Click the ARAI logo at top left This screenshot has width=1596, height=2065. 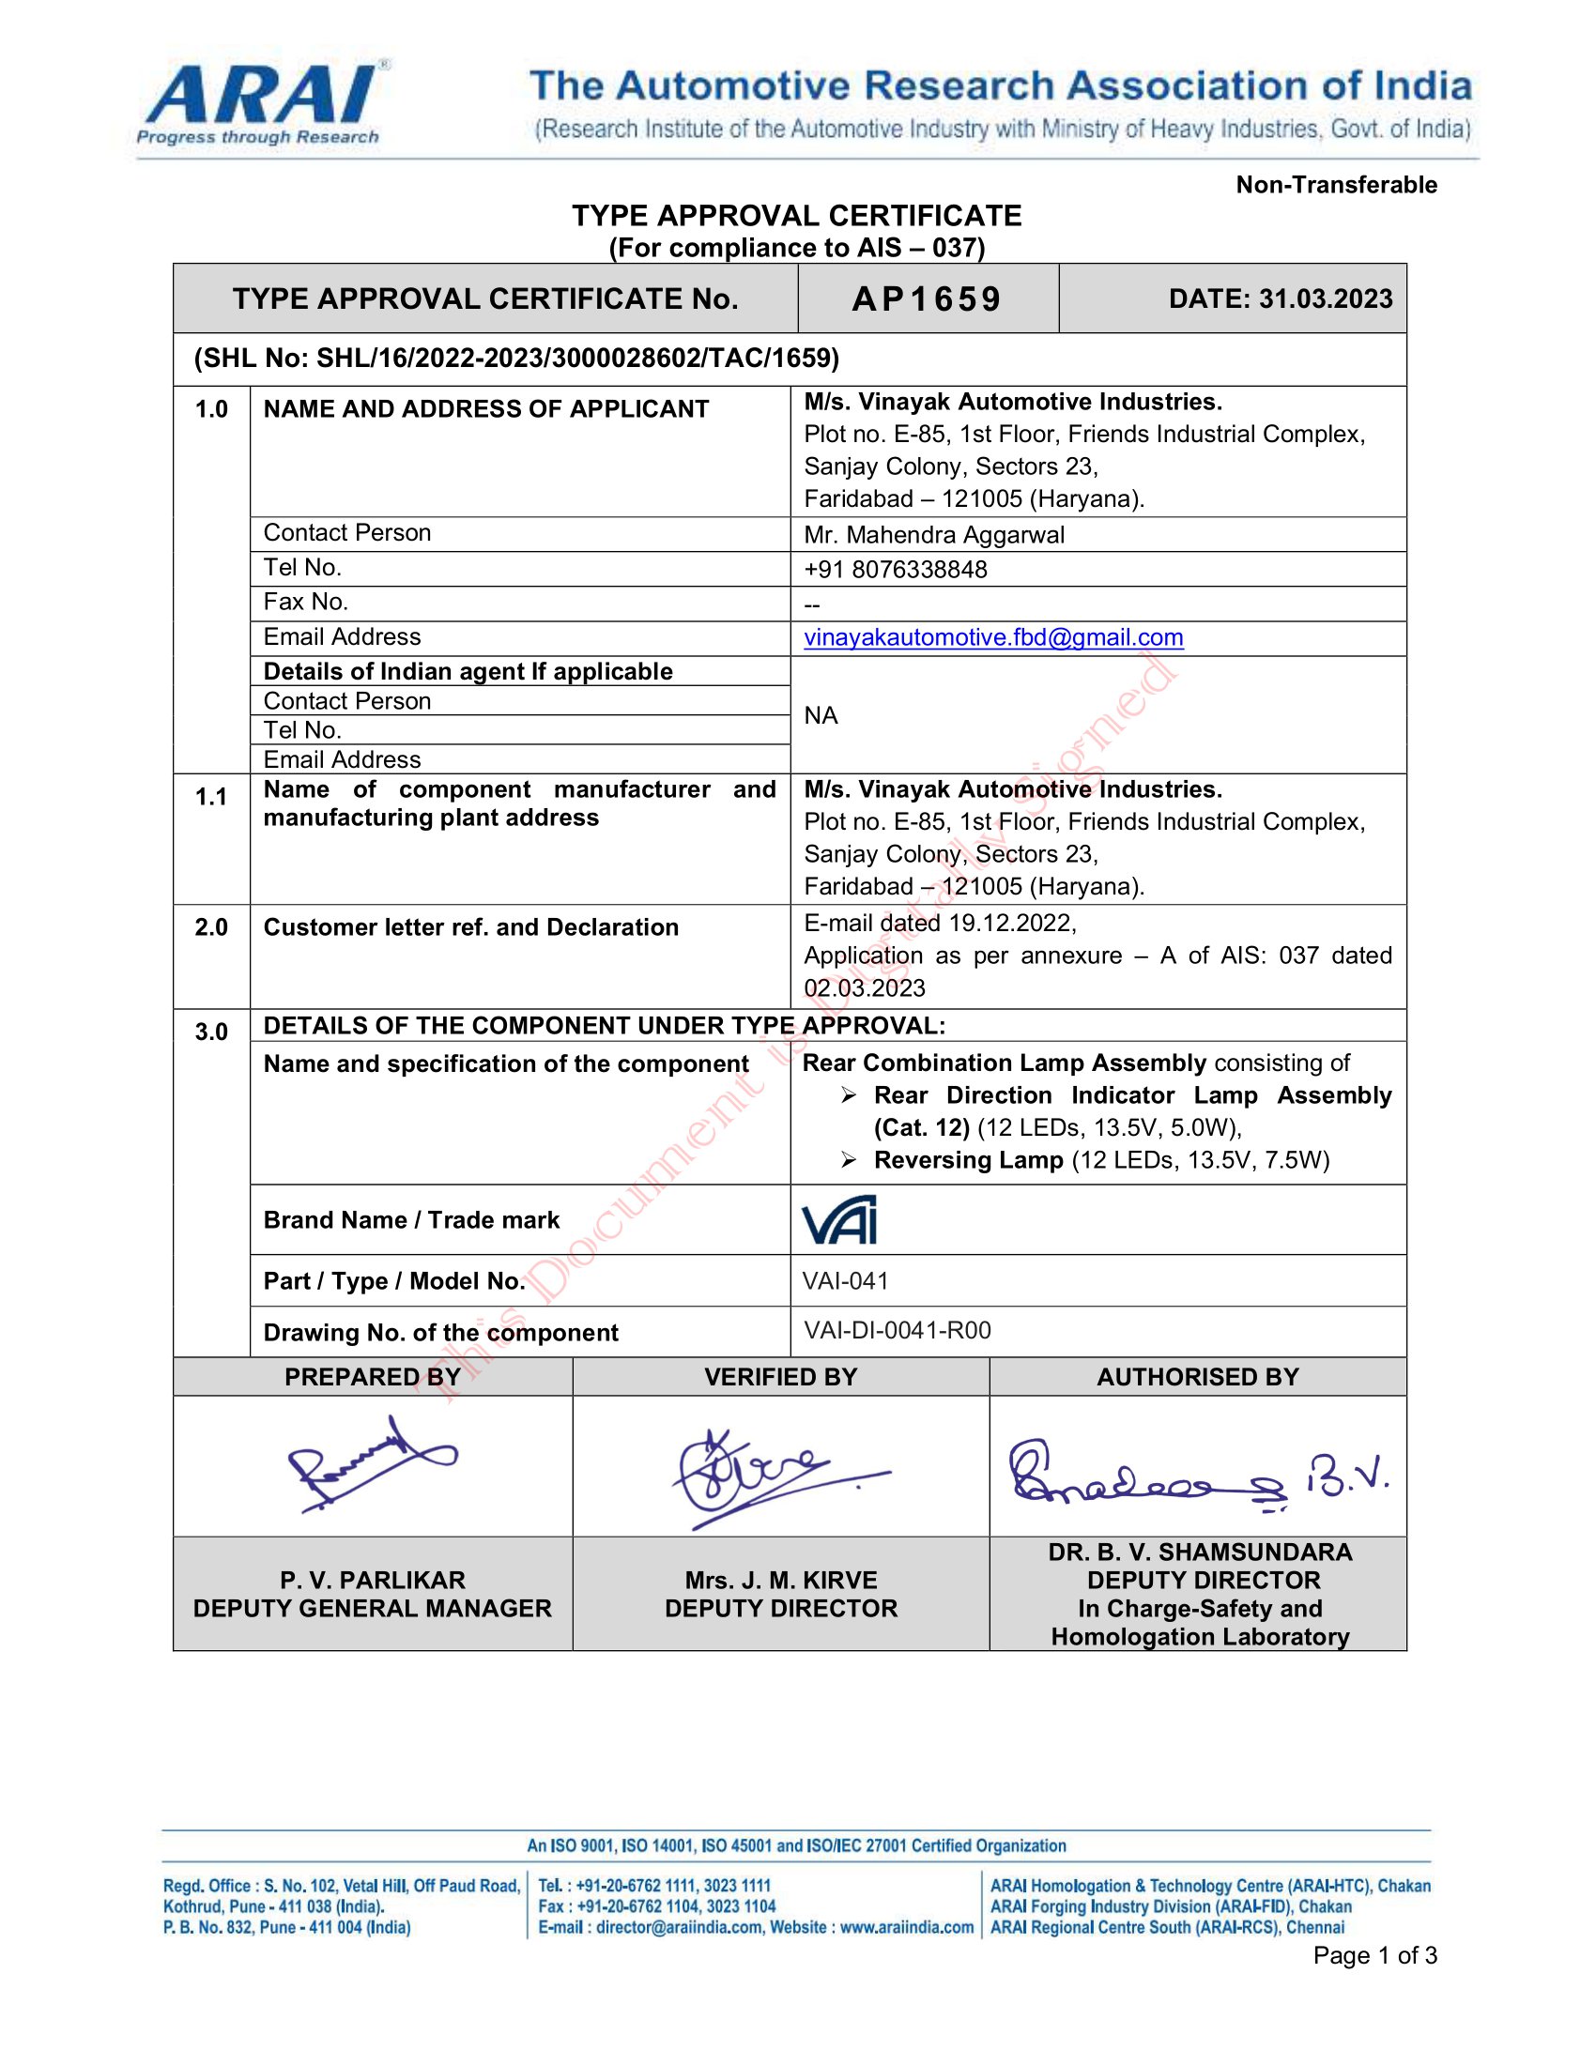[260, 104]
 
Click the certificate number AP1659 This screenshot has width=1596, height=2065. [926, 298]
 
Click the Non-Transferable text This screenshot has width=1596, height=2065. [1335, 184]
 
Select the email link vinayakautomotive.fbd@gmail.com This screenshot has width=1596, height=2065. [992, 637]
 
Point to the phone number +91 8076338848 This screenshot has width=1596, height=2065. [895, 569]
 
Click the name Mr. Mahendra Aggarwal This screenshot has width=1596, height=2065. [933, 535]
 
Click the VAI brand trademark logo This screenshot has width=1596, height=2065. [838, 1219]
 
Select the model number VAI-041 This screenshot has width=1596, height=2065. [845, 1281]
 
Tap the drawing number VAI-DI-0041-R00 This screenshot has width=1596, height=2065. [897, 1330]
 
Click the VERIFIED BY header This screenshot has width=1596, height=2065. [780, 1377]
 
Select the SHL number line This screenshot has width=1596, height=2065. [516, 359]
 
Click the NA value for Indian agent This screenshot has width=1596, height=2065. [821, 716]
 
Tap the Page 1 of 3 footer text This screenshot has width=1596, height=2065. [1373, 1955]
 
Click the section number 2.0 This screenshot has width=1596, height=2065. [211, 927]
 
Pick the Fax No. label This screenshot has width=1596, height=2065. [305, 602]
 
